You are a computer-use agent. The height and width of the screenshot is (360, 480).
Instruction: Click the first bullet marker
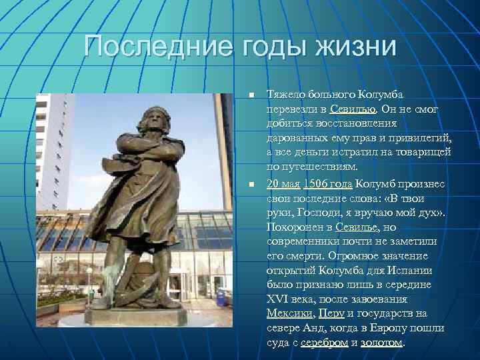250,96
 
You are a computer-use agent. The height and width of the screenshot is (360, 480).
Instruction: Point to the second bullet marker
250,184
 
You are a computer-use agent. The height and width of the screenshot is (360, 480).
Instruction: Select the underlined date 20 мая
283,184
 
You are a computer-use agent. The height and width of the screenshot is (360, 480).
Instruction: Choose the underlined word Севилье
358,227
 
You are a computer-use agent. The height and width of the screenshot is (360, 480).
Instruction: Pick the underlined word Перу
331,313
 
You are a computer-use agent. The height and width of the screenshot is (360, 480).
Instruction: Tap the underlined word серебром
324,343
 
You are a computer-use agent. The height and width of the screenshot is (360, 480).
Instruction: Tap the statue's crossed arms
143,150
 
